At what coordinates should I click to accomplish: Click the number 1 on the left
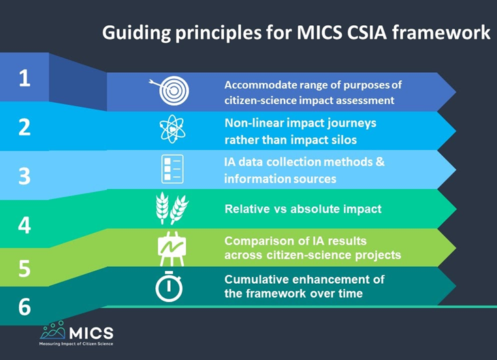coord(25,78)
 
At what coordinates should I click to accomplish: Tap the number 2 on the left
coord(25,127)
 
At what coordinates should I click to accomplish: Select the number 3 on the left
coord(25,176)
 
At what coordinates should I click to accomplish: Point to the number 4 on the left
coord(25,225)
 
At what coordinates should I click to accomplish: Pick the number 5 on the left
coord(25,268)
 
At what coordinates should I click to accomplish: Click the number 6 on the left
coord(25,307)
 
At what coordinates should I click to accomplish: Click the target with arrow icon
coord(170,92)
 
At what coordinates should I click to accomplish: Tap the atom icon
coord(171,130)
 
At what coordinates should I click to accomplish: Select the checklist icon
coord(171,169)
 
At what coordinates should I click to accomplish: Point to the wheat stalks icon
coord(170,210)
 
